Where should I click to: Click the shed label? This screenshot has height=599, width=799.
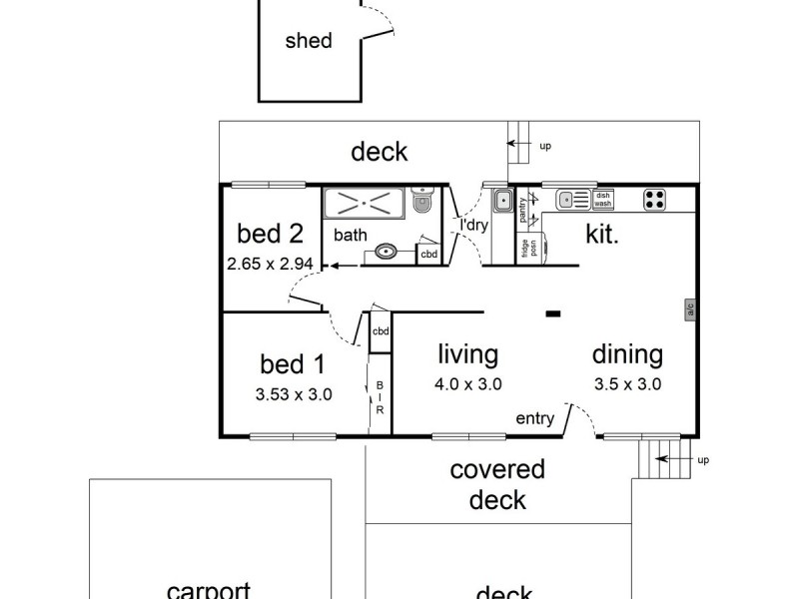(x=308, y=41)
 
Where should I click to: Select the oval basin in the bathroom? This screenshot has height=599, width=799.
(x=388, y=252)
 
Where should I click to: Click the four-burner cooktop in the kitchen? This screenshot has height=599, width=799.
(x=655, y=199)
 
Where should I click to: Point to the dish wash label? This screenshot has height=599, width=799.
(x=603, y=199)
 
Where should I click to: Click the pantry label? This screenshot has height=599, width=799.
(x=522, y=210)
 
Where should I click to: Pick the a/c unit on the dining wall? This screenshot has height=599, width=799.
(x=689, y=309)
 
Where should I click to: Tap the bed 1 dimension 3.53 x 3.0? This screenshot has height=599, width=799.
(x=294, y=393)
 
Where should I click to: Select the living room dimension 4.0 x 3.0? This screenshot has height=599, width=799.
(x=468, y=383)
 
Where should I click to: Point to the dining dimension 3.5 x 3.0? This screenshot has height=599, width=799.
(x=627, y=383)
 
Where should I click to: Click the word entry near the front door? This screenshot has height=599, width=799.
(x=534, y=419)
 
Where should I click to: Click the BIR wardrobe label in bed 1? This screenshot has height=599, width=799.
(x=380, y=398)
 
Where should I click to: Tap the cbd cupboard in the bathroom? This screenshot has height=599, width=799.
(x=427, y=255)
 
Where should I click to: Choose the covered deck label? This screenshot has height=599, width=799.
(x=497, y=483)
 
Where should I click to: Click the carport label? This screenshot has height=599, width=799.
(x=208, y=590)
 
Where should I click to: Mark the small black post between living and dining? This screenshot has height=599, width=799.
(x=551, y=313)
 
